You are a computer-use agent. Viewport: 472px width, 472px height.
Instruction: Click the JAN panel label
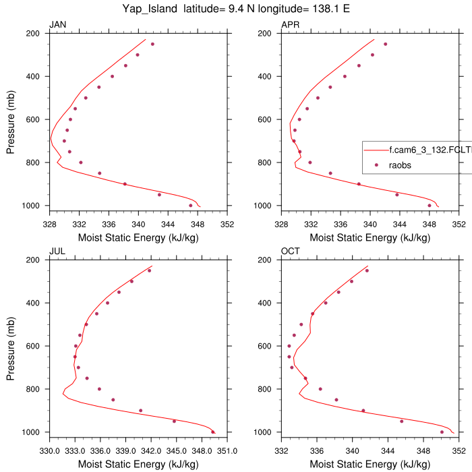click(x=57, y=25)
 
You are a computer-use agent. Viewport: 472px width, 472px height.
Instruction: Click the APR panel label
click(x=290, y=25)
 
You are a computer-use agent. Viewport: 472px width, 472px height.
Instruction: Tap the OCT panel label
click(x=290, y=252)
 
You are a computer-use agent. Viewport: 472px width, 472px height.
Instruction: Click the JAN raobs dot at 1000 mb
click(x=191, y=205)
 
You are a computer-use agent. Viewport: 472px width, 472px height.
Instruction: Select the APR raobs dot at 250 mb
click(x=386, y=44)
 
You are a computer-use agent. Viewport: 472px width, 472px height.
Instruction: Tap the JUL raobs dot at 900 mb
click(x=140, y=410)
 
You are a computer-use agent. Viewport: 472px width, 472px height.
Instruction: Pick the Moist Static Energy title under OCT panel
click(x=370, y=464)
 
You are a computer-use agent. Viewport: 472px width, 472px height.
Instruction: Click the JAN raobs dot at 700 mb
click(x=64, y=141)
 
